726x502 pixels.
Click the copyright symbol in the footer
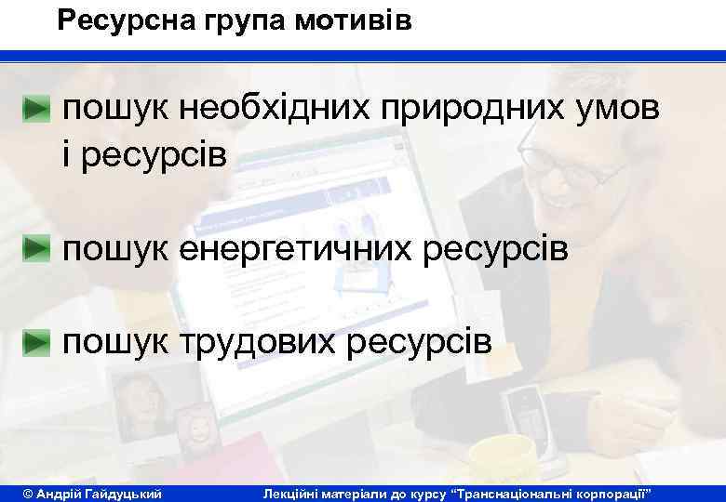click(27, 491)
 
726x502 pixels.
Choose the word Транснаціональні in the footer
click(523, 491)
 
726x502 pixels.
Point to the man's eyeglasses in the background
click(558, 149)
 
